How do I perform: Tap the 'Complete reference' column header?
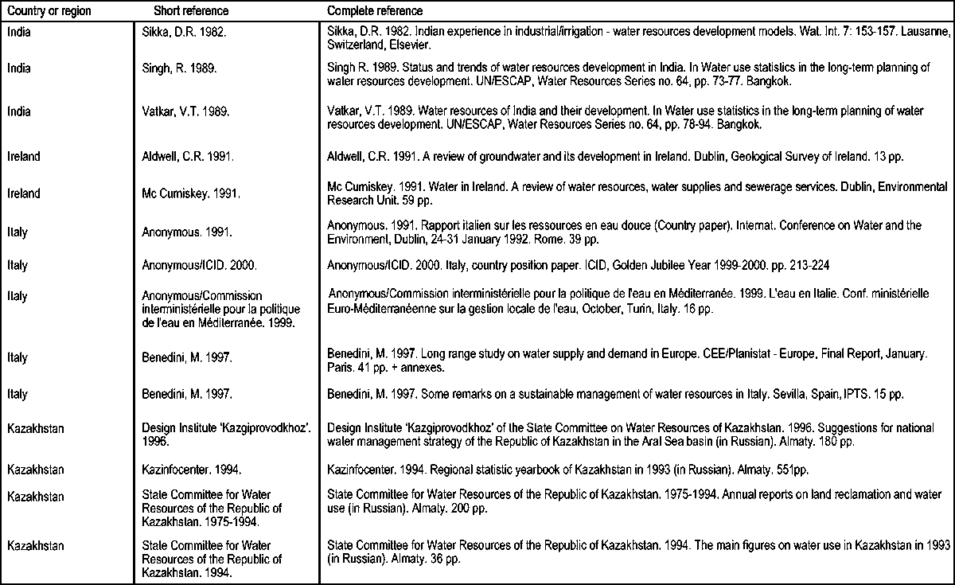pos(375,12)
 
